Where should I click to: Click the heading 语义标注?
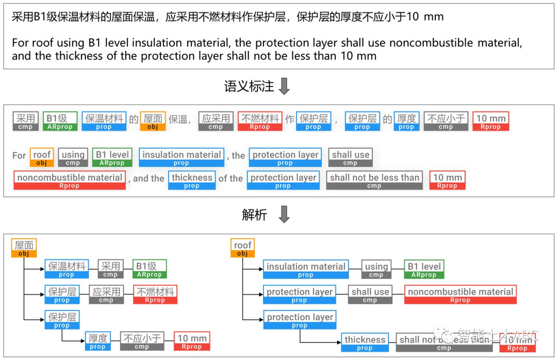[x=249, y=87]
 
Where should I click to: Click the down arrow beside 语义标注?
[x=284, y=87]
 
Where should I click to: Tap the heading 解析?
[x=254, y=215]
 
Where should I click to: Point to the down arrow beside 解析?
[x=284, y=215]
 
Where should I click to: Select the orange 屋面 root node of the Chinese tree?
[x=24, y=248]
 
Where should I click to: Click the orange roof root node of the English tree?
[x=242, y=248]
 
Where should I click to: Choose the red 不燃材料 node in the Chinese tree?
[x=155, y=294]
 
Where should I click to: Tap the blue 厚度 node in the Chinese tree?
[x=97, y=341]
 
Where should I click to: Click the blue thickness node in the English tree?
[x=365, y=342]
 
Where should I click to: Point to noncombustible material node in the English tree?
[x=460, y=294]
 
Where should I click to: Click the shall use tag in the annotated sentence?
[x=350, y=157]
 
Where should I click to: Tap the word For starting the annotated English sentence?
[x=19, y=155]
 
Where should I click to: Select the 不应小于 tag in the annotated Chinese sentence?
[x=446, y=121]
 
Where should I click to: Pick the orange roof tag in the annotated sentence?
[x=42, y=157]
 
